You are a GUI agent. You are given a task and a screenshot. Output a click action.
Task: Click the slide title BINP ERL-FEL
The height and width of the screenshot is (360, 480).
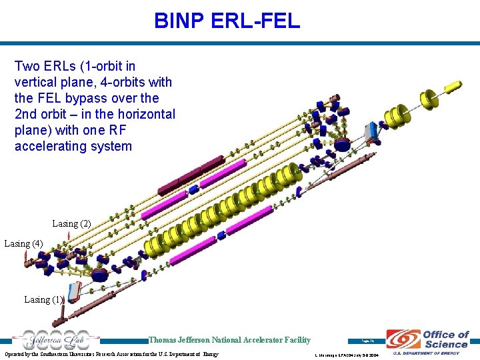pos(227,21)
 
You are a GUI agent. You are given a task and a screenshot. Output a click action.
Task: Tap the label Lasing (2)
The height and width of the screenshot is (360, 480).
pos(71,223)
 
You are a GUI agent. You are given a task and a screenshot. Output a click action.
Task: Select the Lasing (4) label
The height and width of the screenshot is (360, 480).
pos(23,243)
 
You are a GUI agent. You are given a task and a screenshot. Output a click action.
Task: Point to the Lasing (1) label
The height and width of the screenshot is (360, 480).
pos(43,299)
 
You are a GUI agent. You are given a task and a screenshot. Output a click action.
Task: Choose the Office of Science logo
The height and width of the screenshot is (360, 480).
pos(427,339)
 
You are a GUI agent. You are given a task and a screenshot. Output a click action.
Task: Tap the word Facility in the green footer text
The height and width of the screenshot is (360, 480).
pos(295,340)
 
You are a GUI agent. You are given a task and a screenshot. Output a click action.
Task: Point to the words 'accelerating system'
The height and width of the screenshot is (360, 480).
pos(73,146)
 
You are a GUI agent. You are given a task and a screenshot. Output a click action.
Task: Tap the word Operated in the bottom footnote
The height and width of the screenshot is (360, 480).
pos(17,353)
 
